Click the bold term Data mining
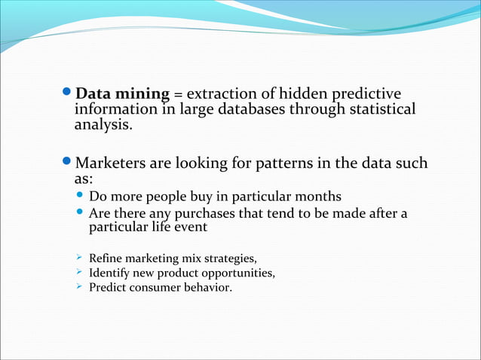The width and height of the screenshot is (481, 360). [x=123, y=94]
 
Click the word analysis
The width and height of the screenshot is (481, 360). [x=102, y=125]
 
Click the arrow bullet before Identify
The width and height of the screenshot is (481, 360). [x=78, y=273]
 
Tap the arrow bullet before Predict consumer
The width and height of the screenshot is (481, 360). [x=78, y=287]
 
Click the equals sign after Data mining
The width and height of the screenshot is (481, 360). [x=178, y=95]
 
